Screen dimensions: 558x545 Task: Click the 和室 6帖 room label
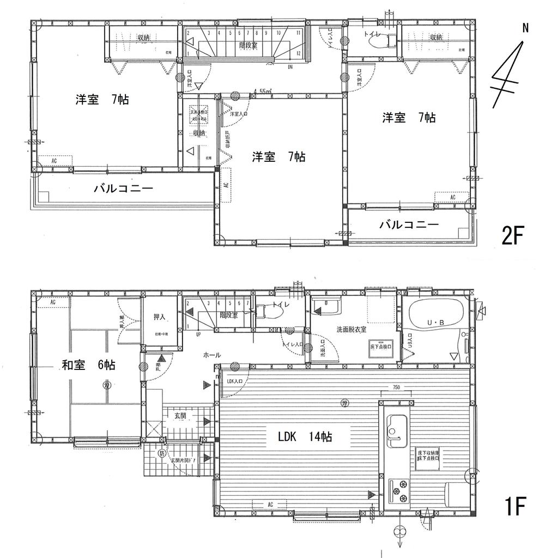coord(88,365)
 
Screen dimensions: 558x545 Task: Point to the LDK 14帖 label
coord(305,436)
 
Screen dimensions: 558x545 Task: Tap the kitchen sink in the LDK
coord(396,426)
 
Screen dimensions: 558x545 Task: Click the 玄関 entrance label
coord(180,416)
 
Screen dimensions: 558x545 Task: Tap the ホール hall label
coord(211,354)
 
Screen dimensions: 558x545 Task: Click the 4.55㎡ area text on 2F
coord(263,92)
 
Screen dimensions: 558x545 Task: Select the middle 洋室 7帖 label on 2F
coord(278,157)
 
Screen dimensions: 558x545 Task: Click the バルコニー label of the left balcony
coord(123,189)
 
